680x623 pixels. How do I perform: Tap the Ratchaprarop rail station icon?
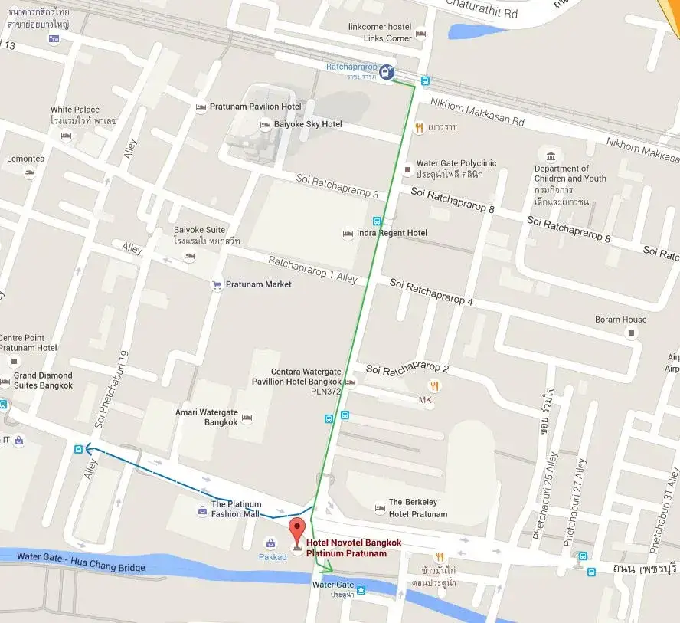(x=387, y=73)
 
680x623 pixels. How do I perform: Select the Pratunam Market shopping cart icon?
(x=217, y=285)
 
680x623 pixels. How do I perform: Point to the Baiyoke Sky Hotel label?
(x=308, y=124)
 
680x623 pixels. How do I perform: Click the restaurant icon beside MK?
(x=435, y=385)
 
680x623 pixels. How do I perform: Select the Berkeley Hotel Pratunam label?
(x=417, y=509)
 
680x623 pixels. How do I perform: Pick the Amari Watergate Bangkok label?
(x=207, y=417)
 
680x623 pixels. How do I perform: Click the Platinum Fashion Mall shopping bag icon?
(x=201, y=509)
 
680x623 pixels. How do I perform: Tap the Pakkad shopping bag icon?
(x=270, y=543)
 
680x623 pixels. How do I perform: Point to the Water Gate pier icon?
(x=361, y=589)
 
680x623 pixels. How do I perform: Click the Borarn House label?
(x=620, y=320)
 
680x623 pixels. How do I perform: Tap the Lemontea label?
(x=25, y=159)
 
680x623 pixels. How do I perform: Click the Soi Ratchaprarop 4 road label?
(x=431, y=292)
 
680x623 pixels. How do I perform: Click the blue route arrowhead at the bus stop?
(x=88, y=449)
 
